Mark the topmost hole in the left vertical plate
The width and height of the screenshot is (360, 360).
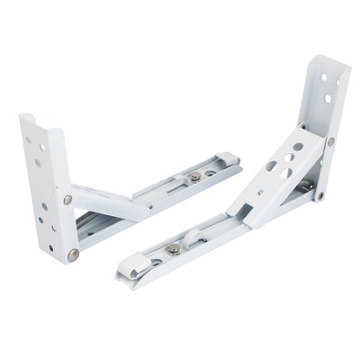point(37,140)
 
